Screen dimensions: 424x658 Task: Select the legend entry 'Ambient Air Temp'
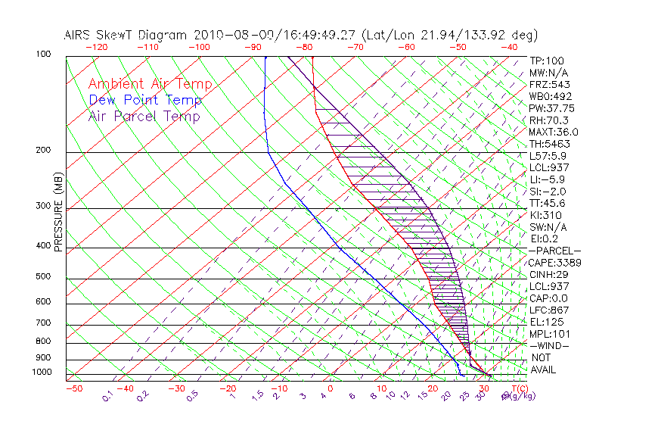click(150, 85)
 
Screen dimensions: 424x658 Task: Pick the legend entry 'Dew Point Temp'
click(145, 101)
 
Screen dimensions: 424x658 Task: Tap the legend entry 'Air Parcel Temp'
click(144, 117)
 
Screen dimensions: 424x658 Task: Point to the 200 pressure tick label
click(44, 151)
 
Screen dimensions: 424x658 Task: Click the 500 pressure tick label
click(44, 277)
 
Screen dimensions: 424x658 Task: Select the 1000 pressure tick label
click(42, 373)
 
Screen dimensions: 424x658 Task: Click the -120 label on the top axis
click(96, 47)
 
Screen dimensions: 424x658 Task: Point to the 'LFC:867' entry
click(548, 310)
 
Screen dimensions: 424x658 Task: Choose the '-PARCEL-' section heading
click(555, 251)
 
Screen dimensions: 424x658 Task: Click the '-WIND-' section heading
click(549, 345)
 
